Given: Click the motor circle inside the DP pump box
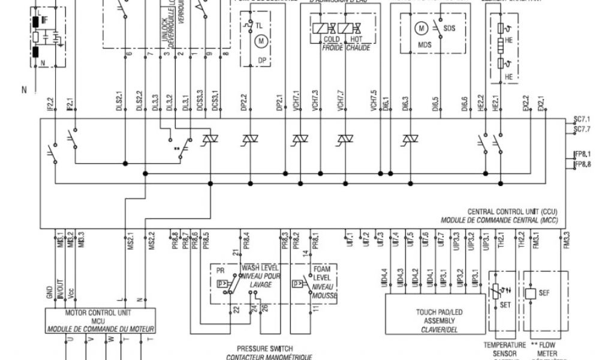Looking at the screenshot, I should [260, 41].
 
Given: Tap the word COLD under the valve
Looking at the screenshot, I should [332, 40].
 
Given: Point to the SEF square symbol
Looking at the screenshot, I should [530, 293].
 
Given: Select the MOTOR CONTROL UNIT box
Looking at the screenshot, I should [101, 320].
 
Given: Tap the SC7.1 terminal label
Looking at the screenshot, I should [582, 119].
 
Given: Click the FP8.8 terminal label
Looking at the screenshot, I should [582, 164].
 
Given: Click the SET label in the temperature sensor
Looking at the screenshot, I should [505, 304].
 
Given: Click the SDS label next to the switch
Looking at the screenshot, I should [450, 28].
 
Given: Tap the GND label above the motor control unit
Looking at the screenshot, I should [49, 292].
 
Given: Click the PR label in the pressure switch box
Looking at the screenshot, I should [221, 271].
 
